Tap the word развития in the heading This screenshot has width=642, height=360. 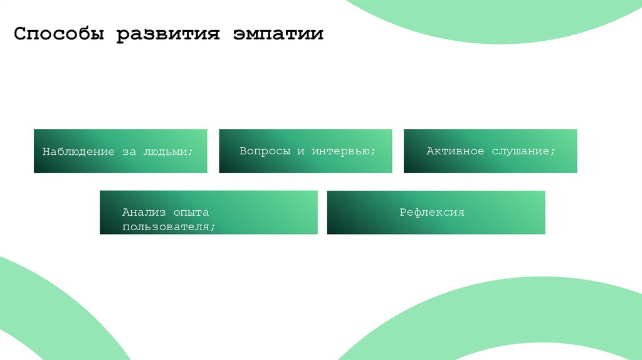167,34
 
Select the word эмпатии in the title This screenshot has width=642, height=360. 278,34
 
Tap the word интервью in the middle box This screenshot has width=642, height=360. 344,151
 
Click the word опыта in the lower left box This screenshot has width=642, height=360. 191,213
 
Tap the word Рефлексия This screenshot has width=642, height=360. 432,213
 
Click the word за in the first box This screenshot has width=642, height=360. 129,152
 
